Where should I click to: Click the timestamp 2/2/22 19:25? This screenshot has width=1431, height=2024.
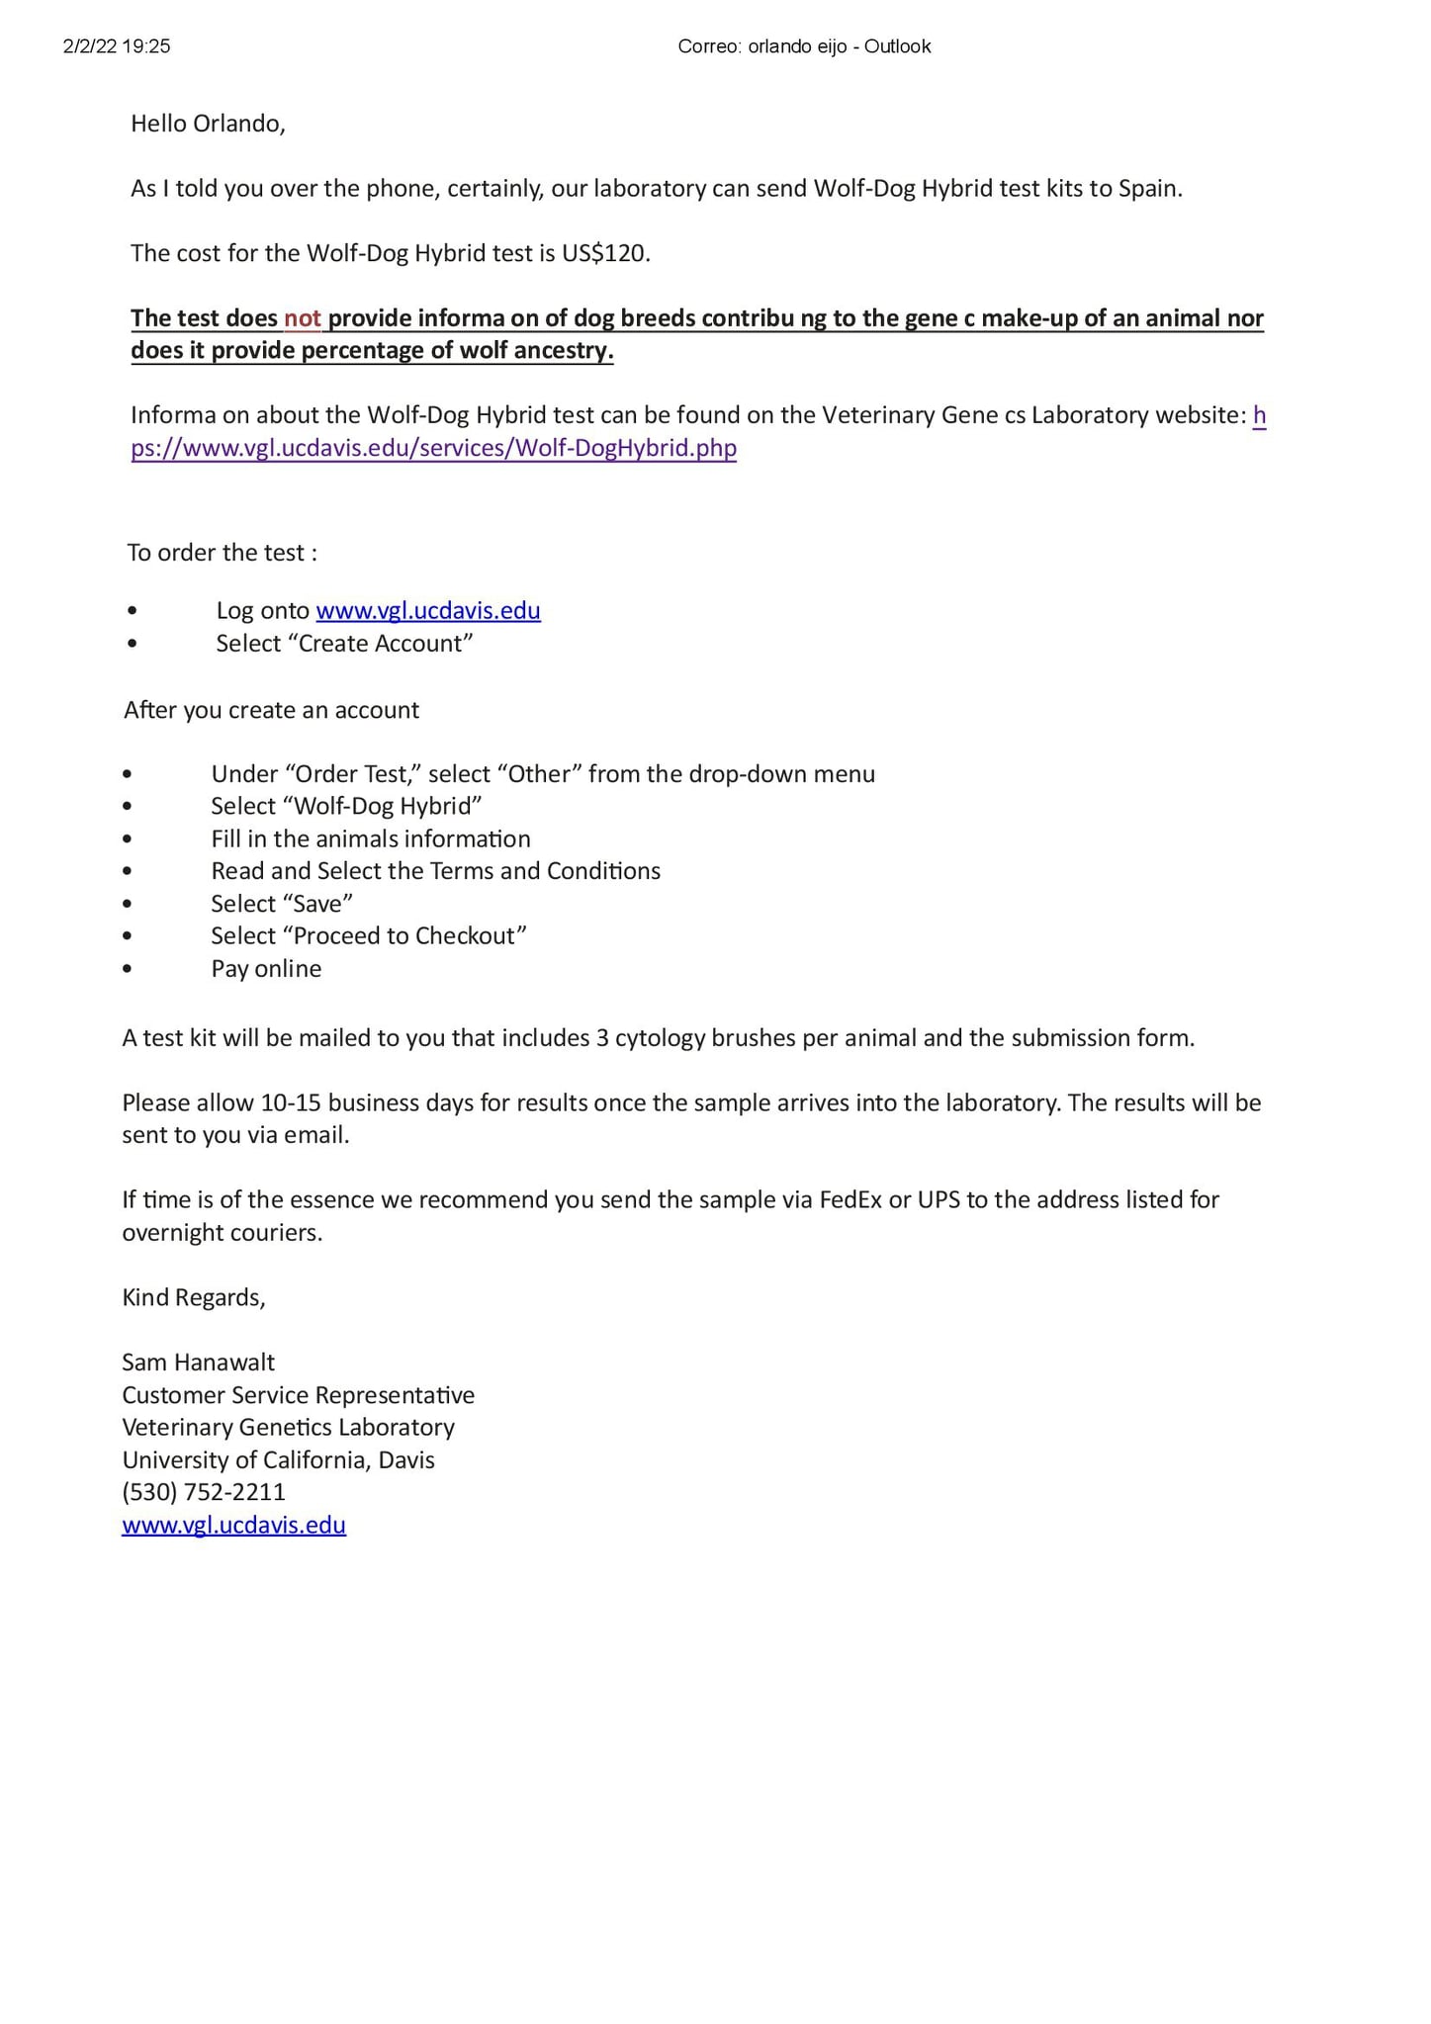pyautogui.click(x=117, y=46)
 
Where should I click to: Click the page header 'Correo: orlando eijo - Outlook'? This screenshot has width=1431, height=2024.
pyautogui.click(x=803, y=46)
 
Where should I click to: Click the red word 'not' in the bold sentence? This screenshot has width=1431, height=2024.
pyautogui.click(x=303, y=318)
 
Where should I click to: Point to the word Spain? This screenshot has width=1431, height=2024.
pyautogui.click(x=1149, y=189)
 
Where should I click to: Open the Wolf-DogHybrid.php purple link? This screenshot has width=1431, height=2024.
pyautogui.click(x=433, y=449)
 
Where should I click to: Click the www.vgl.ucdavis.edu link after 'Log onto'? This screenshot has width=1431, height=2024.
pyautogui.click(x=427, y=611)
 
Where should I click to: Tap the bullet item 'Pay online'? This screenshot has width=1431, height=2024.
pyautogui.click(x=266, y=969)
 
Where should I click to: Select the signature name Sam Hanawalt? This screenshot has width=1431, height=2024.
pyautogui.click(x=198, y=1363)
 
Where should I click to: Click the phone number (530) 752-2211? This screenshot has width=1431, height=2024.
pyautogui.click(x=204, y=1492)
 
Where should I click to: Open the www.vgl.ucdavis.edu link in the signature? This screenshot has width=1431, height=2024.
pyautogui.click(x=233, y=1525)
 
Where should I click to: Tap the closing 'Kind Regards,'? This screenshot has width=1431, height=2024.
pyautogui.click(x=194, y=1297)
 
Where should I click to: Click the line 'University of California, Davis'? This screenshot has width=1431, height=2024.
pyautogui.click(x=278, y=1460)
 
